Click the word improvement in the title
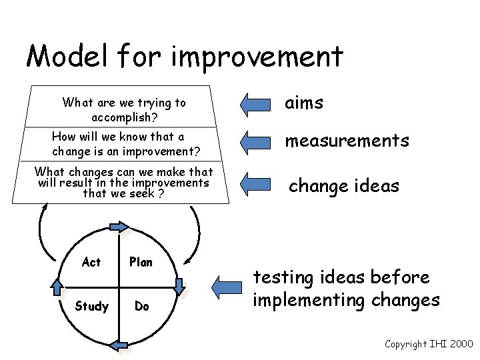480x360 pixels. [x=257, y=57]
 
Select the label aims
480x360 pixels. [x=304, y=103]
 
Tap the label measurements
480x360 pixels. [x=347, y=141]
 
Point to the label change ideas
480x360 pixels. [x=343, y=185]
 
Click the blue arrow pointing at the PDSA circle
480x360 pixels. [x=228, y=287]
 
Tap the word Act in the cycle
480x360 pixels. [x=91, y=263]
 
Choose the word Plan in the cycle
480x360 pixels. [x=141, y=263]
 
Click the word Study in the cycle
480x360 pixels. [x=92, y=307]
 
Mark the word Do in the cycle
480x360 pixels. [x=141, y=307]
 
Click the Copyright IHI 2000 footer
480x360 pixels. [x=428, y=343]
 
